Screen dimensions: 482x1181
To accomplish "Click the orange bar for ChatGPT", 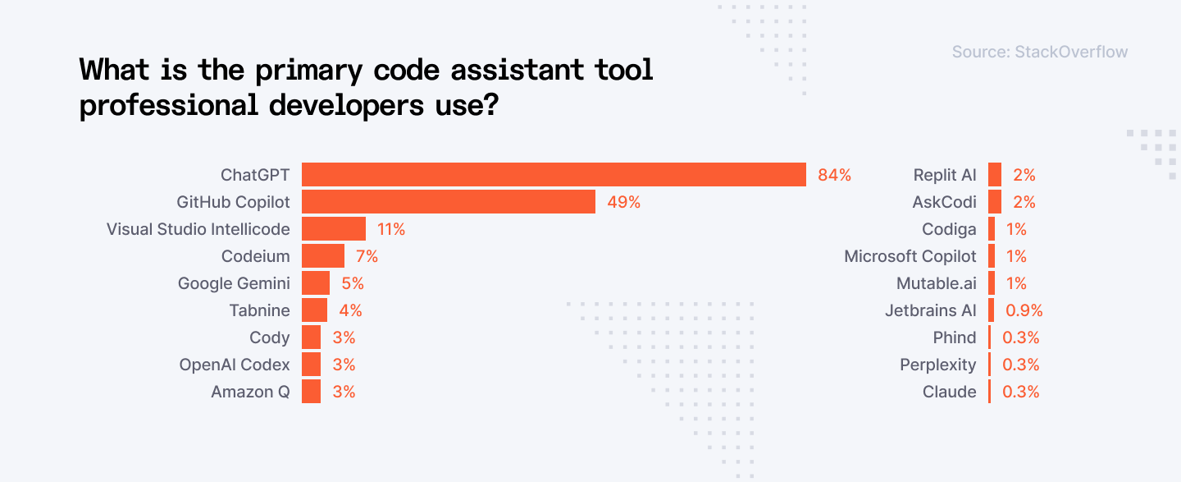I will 554,175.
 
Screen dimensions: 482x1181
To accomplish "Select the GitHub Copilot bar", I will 448,202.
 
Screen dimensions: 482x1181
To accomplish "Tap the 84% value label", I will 834,175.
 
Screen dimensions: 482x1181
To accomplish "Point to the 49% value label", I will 623,202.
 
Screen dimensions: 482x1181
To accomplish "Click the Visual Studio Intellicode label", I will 198,229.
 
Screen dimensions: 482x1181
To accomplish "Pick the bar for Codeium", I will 323,256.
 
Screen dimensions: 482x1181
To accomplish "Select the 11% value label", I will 391,229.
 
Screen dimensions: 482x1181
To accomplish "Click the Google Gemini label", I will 234,283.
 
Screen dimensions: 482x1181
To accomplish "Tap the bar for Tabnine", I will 314,310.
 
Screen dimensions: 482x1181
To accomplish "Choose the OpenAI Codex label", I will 235,365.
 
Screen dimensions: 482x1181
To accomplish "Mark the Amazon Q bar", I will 311,392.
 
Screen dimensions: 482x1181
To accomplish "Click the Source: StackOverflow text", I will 1039,52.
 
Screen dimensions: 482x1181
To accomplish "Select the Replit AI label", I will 945,175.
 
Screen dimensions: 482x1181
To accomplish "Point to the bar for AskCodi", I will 995,202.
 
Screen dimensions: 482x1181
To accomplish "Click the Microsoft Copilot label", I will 910,256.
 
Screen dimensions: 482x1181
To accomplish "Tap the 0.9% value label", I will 1024,310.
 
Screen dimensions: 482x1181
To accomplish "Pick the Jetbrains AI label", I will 931,310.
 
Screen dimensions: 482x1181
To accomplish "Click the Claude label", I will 949,392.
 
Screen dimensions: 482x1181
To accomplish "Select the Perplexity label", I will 938,365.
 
